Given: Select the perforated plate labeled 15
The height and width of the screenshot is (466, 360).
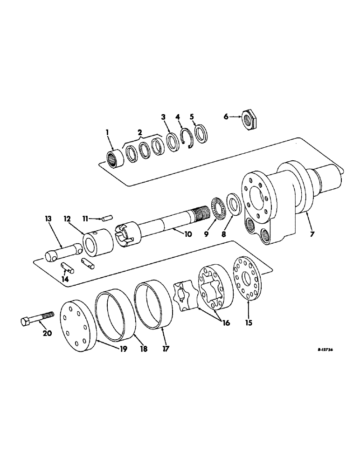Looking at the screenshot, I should coord(248,278).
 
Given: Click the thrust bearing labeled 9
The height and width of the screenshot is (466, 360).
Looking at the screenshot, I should coord(218,207).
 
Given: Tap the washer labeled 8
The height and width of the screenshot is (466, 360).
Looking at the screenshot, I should coord(233,204).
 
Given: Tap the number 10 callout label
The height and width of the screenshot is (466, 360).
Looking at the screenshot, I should coord(187,235).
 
